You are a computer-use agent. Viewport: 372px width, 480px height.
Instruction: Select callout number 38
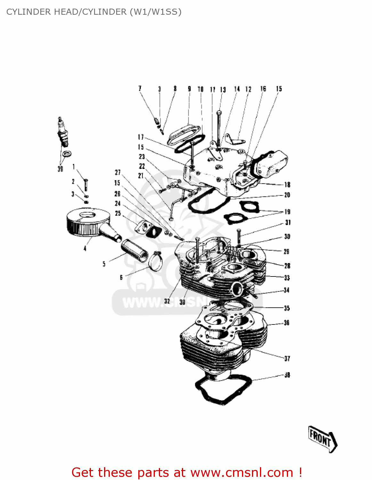coord(287,375)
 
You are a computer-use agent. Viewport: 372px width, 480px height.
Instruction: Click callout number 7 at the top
coord(140,88)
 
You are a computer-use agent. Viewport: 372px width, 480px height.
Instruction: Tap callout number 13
coord(223,90)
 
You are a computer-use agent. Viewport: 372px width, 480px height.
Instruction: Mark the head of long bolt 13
coord(219,112)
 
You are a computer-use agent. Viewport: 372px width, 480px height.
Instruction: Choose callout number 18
coord(287,184)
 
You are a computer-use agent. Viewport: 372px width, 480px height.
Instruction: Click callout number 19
coord(287,212)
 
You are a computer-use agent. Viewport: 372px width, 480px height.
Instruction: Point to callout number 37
coord(287,358)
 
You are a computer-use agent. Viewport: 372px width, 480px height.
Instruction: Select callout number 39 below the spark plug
coord(60,169)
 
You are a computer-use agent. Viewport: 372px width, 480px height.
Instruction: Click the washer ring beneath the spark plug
coord(67,154)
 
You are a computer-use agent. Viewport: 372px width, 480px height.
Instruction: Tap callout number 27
coord(117,172)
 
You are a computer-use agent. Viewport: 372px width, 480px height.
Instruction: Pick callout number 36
coord(287,323)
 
